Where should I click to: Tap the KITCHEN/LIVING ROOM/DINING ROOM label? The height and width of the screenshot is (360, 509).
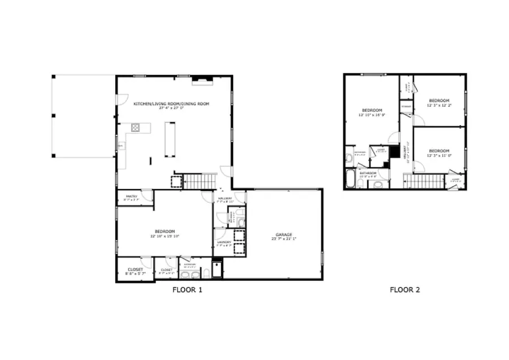pos(171,104)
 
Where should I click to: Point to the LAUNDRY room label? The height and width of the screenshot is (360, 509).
pos(225,243)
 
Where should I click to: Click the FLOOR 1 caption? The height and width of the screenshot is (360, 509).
pos(187,290)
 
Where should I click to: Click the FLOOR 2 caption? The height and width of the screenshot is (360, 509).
pos(404,290)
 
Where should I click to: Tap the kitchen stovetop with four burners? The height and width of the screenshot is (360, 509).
pos(136,127)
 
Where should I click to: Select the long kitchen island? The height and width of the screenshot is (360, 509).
pos(169,139)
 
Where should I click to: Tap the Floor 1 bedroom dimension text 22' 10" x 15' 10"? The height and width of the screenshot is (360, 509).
pos(165,236)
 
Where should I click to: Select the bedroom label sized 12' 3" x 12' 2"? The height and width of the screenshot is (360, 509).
pos(439,100)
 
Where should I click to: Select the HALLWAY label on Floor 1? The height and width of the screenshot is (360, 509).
pos(225,198)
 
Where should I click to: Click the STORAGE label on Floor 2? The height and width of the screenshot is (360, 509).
pos(406,106)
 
